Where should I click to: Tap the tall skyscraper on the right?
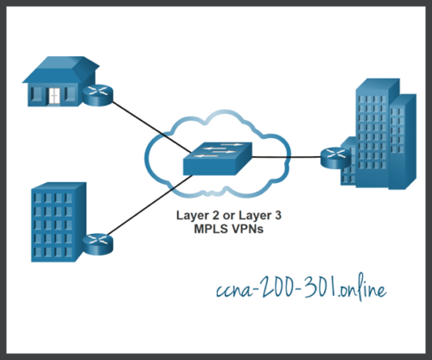click(x=381, y=129)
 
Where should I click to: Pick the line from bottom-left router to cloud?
click(x=143, y=212)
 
